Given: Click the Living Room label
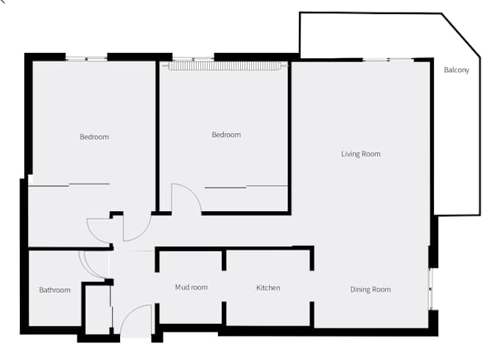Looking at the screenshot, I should coord(360,154).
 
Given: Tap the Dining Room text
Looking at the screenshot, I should coord(370,289).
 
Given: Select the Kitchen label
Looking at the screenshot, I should coord(268,287).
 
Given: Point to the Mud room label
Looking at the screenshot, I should coord(191,287).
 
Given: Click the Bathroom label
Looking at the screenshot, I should coord(55,290).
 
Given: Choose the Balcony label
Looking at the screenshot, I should coord(456,71).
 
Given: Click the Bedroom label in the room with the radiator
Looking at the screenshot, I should coord(226,135).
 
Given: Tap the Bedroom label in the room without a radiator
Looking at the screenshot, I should coord(94,137).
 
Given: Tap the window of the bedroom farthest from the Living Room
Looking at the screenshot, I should coord(86,57).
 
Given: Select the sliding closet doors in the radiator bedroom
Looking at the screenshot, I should coord(245,187).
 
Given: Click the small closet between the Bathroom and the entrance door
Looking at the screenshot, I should coord(96,309).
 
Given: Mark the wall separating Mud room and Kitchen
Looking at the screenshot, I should coord(224,287).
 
